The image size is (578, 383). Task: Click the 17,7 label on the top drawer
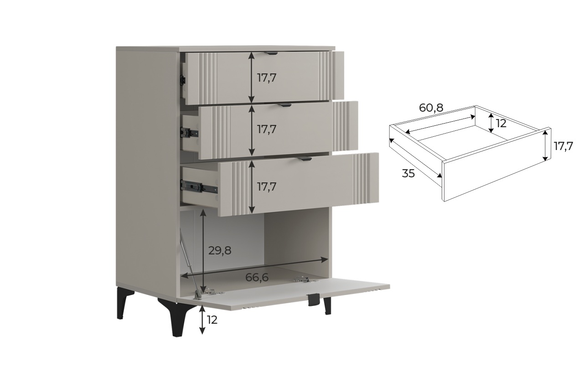point(267,78)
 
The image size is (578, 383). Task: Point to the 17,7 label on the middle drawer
point(267,129)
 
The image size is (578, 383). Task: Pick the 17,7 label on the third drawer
point(267,187)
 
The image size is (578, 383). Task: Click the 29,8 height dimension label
point(220,250)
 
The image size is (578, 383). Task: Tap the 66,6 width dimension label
point(257,277)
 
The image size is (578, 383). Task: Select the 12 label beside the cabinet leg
point(212,320)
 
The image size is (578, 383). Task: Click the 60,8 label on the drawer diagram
point(431,108)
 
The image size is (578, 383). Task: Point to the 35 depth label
point(408,173)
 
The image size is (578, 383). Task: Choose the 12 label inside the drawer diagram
point(501,124)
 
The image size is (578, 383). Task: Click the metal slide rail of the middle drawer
point(190,132)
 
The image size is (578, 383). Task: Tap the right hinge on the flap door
point(302,279)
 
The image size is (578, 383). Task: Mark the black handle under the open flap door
point(314,300)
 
